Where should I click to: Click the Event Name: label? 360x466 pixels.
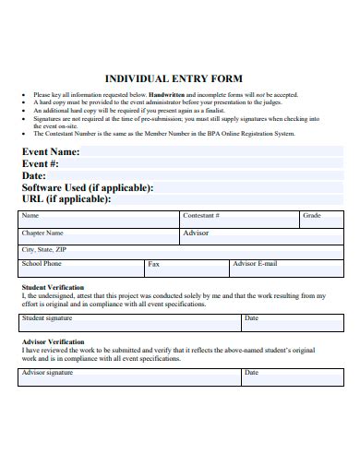coord(51,151)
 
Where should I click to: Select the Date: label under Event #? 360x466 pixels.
coord(34,175)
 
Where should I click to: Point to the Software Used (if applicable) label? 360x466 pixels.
coord(88,187)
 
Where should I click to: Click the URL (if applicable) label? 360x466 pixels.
coord(66,199)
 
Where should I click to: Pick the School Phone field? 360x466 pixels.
coord(81,268)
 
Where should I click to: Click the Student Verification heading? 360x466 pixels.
coord(52,288)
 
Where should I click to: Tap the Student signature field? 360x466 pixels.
coord(129,322)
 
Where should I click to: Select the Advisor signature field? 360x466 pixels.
coord(129,376)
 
